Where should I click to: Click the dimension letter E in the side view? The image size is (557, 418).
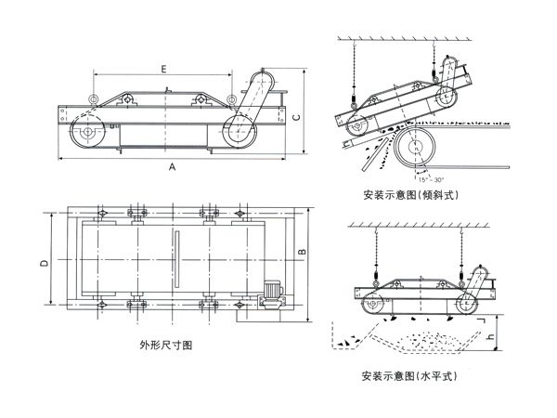coord(163,69)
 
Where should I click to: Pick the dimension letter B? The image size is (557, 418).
coord(302,252)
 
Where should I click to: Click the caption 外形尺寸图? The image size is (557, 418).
coord(167,345)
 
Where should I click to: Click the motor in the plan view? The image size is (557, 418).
coord(270,294)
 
